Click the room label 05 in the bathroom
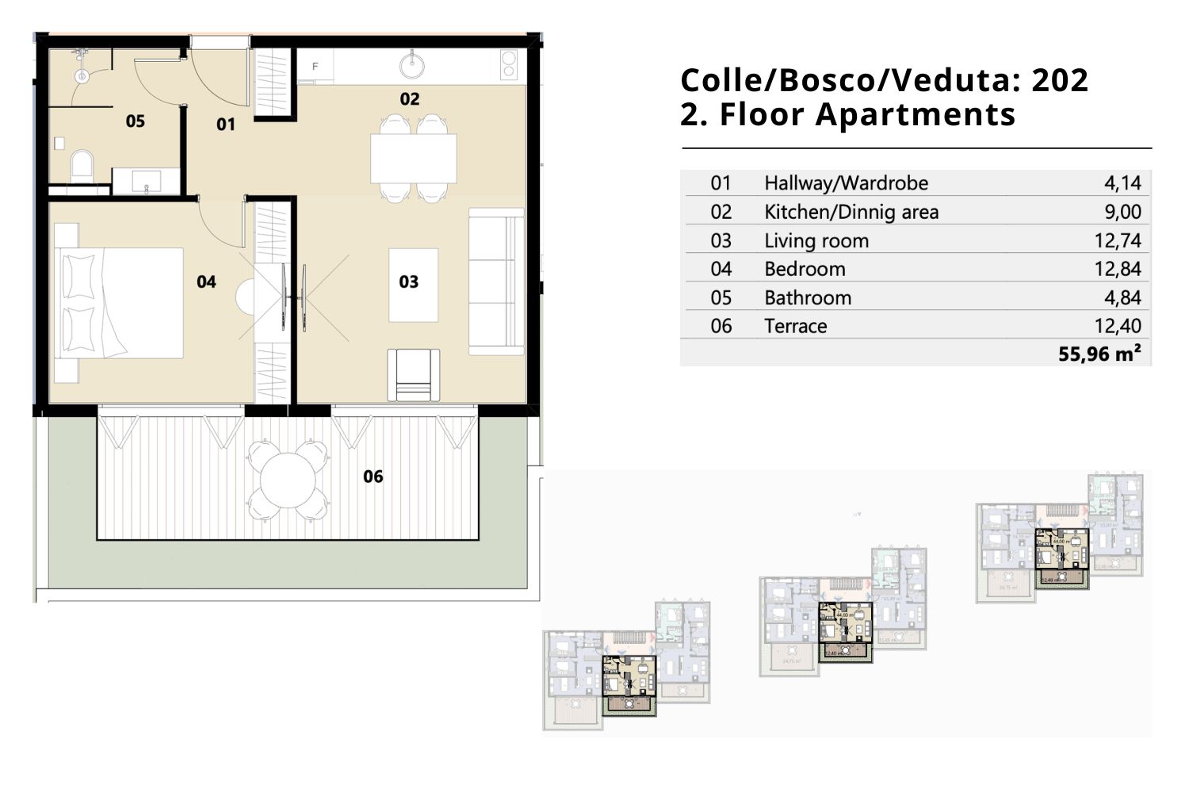136,121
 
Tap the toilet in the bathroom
82,167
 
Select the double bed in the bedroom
119,303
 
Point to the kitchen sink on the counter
412,64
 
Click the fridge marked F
315,67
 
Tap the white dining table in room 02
413,159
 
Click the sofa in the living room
496,282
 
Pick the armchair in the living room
413,374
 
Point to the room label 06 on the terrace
373,477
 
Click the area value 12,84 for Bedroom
1118,269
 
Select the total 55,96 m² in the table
1099,354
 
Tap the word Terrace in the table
795,326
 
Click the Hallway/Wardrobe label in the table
846,183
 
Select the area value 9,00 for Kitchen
1122,212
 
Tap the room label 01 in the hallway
226,125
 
